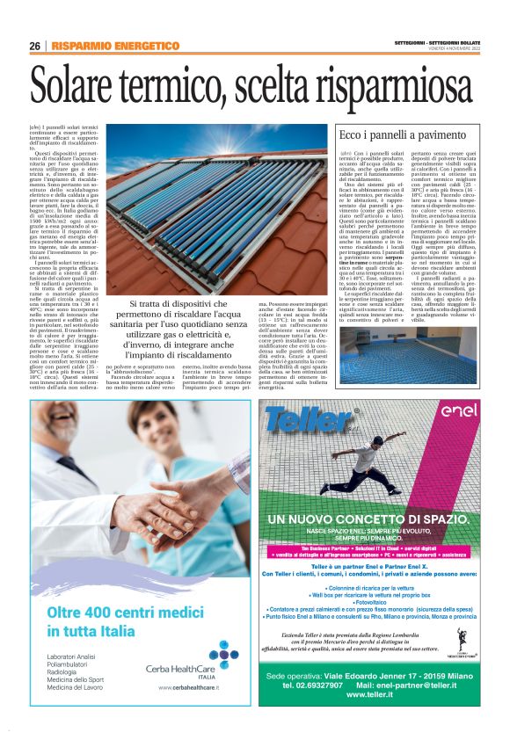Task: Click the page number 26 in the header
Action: tap(34, 46)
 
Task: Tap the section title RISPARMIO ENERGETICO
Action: tap(115, 46)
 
